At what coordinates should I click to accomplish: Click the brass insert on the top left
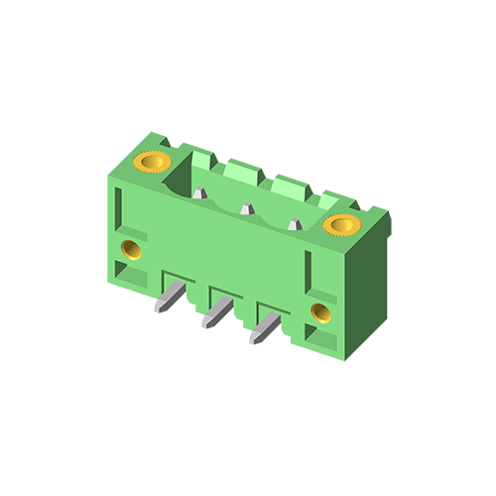coord(153,161)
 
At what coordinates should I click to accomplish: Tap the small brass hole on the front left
coord(129,247)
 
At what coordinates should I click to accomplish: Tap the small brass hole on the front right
coord(320,313)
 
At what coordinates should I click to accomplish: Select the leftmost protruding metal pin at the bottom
coord(169,297)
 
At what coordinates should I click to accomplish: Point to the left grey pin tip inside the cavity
coord(200,192)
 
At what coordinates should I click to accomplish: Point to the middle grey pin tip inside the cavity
coord(246,208)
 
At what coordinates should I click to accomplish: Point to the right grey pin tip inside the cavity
coord(294,225)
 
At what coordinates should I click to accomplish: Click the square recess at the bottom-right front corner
coord(324,339)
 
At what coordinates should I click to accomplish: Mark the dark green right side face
coord(369,288)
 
